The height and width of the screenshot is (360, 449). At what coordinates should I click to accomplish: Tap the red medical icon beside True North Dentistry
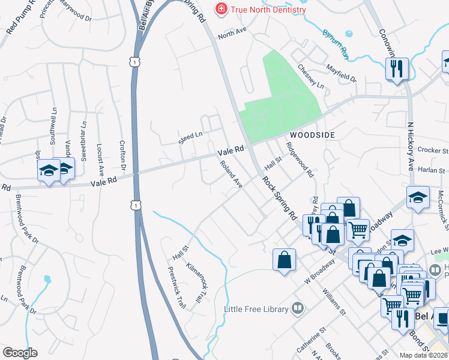point(221,9)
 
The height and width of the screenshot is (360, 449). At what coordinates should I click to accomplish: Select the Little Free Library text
point(256,309)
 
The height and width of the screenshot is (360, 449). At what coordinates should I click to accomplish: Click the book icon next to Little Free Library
point(297,308)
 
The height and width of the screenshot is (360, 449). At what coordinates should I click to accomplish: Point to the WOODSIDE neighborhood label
point(313,135)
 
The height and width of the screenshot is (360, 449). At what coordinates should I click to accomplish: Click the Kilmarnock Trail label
point(196,282)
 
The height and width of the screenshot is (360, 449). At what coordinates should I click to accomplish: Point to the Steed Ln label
point(190,139)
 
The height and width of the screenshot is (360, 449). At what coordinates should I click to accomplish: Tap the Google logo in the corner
point(20,353)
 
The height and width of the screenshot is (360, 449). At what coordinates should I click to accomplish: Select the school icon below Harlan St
point(418,197)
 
